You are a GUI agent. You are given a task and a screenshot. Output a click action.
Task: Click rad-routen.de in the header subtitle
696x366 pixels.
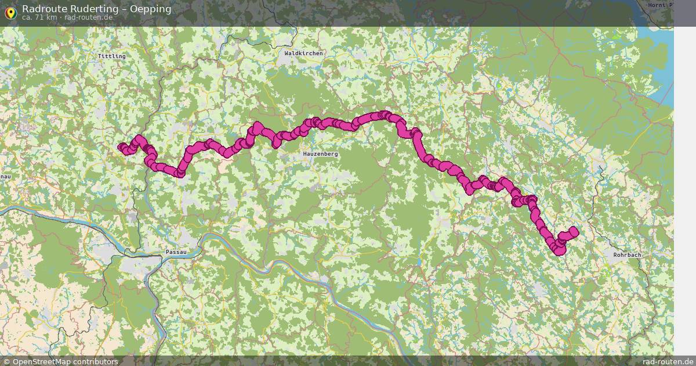pos(88,17)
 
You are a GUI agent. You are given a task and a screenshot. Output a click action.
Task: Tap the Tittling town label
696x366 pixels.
pos(111,56)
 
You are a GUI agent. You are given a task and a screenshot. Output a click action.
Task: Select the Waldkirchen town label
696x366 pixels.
pos(303,53)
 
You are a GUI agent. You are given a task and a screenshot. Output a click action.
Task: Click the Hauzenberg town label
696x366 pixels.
pos(320,154)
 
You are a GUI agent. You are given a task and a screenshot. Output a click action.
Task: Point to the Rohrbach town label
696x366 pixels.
pos(628,255)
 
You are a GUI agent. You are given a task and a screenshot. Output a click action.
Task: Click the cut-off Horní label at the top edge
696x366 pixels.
pos(660,5)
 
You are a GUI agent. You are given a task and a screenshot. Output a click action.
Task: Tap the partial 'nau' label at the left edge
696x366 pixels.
pos(5,176)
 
